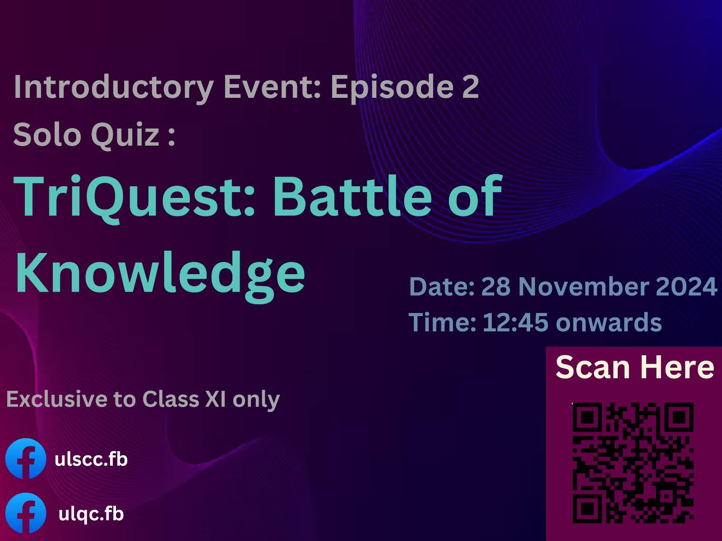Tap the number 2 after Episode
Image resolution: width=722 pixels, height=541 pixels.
tap(470, 86)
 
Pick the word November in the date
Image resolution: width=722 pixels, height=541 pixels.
tap(584, 286)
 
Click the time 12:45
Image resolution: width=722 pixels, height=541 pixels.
tap(515, 322)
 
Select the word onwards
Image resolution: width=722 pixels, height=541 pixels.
tap(609, 322)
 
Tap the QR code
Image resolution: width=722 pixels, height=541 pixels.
tap(633, 463)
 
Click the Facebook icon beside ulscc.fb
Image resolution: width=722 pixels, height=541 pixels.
tap(26, 458)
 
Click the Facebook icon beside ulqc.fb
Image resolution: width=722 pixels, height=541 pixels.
tap(26, 513)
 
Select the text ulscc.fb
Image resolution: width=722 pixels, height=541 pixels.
tap(91, 459)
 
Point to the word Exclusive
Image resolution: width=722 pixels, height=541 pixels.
tap(56, 399)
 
